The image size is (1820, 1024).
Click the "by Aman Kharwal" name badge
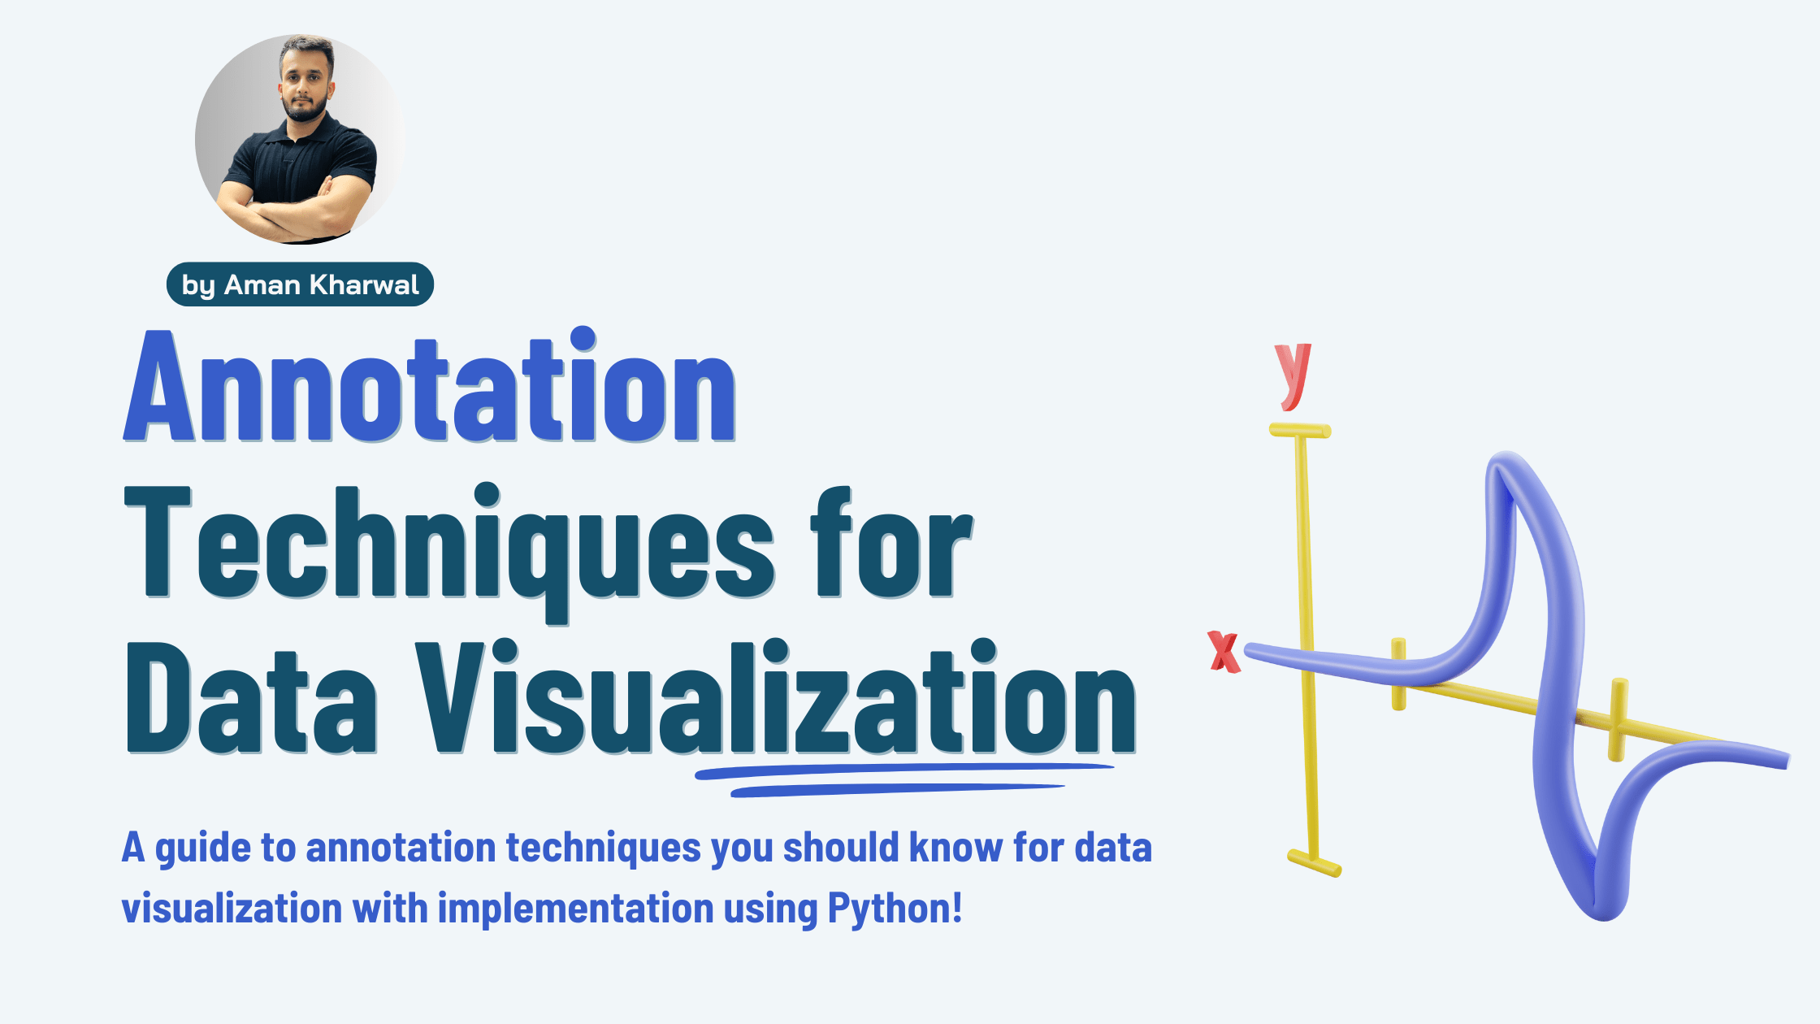click(300, 284)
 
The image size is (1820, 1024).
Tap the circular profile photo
click(300, 139)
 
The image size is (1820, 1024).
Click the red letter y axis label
click(1293, 375)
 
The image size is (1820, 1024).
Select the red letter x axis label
click(1224, 652)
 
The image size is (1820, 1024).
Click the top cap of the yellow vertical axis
click(1300, 431)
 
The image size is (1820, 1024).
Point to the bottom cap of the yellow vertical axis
click(1314, 863)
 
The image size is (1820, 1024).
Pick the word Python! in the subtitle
click(895, 909)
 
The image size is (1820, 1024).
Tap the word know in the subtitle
click(955, 848)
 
